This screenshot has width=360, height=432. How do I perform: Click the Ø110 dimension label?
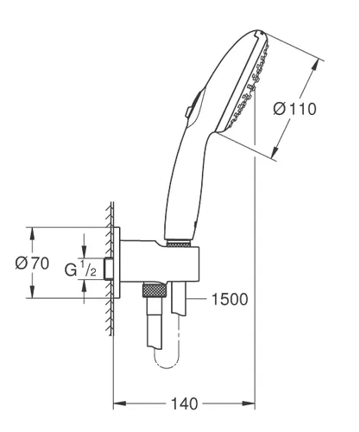pyautogui.click(x=294, y=109)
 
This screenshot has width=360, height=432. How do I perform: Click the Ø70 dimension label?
pyautogui.click(x=32, y=264)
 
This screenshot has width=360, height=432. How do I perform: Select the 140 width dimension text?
pyautogui.click(x=185, y=403)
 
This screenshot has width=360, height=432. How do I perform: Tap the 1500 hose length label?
pyautogui.click(x=230, y=299)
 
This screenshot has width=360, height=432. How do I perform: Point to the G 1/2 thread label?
pyautogui.click(x=80, y=269)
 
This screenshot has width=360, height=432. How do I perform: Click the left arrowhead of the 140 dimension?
pyautogui.click(x=119, y=403)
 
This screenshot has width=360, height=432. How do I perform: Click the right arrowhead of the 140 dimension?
pyautogui.click(x=249, y=403)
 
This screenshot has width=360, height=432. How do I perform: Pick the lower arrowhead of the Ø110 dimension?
pyautogui.click(x=276, y=152)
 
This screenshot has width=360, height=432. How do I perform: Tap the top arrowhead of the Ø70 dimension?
pyautogui.click(x=32, y=234)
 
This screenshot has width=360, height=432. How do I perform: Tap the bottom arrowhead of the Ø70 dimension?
pyautogui.click(x=32, y=292)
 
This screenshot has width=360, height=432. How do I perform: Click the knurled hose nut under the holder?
pyautogui.click(x=155, y=290)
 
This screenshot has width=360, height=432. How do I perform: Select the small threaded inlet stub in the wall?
pyautogui.click(x=109, y=269)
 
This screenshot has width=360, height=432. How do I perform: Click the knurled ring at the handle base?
pyautogui.click(x=179, y=245)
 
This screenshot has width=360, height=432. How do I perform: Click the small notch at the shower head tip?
pyautogui.click(x=259, y=34)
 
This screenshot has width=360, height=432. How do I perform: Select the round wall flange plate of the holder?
pyautogui.click(x=117, y=263)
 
